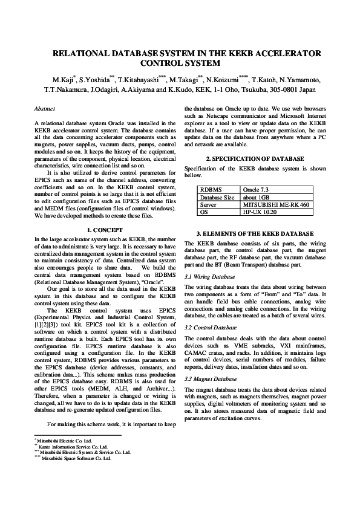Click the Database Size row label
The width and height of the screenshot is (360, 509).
click(x=217, y=197)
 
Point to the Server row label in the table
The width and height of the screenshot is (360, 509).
click(x=209, y=205)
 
